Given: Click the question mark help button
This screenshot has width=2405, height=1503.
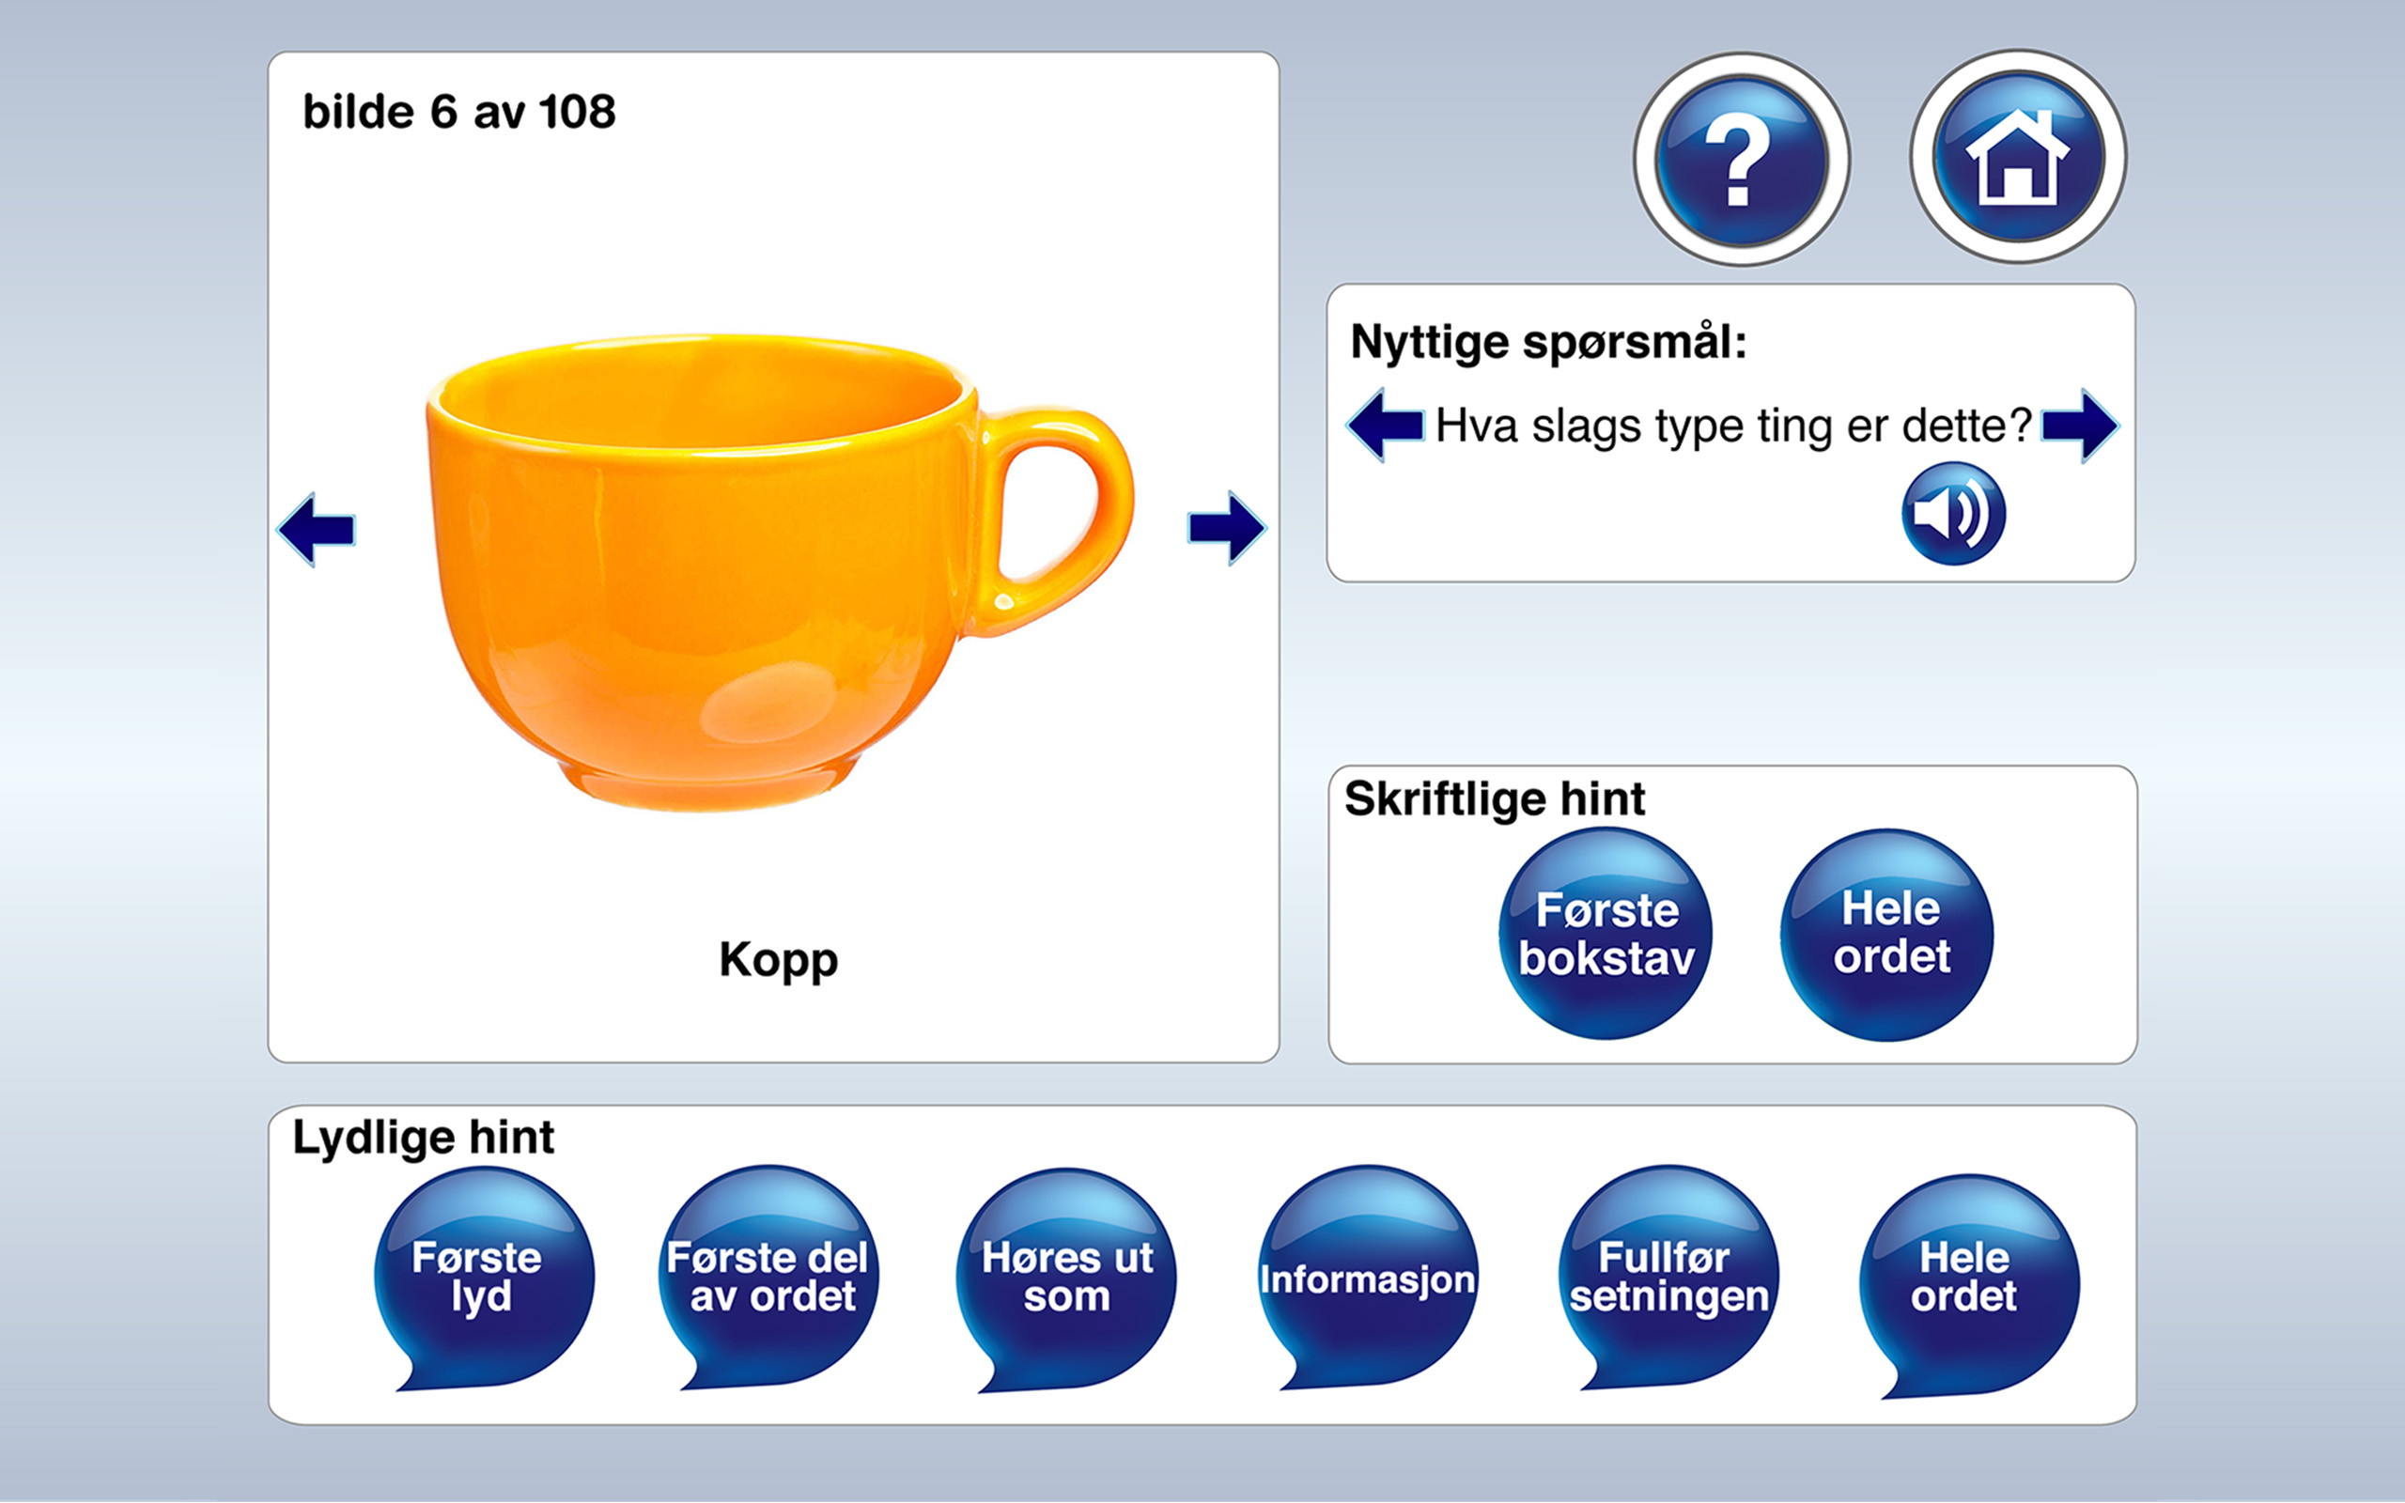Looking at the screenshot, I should point(1741,159).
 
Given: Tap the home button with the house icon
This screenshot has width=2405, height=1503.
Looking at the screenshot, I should point(2017,157).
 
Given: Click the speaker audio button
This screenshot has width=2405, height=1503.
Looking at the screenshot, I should point(1953,514).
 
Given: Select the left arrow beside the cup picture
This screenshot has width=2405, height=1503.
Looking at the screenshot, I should point(317,529).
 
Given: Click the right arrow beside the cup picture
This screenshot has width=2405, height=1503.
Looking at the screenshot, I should point(1226,528).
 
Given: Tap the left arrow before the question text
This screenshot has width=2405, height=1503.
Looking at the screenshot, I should point(1386,426).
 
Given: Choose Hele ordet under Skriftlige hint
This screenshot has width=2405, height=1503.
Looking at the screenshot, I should point(1887,935).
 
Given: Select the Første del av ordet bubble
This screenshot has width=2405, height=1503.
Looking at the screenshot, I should point(768,1277).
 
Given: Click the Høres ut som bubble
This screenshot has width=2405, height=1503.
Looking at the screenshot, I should point(1066,1277).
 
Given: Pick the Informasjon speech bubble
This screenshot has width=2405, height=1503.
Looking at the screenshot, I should point(1368,1278).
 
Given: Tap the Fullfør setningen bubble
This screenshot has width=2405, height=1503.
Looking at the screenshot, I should point(1668,1277).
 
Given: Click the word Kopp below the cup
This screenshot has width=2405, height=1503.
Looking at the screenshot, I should point(778,960).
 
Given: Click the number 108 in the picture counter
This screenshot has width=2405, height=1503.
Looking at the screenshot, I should point(578,113).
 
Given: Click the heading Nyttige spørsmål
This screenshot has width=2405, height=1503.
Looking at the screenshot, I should point(1548,343).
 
